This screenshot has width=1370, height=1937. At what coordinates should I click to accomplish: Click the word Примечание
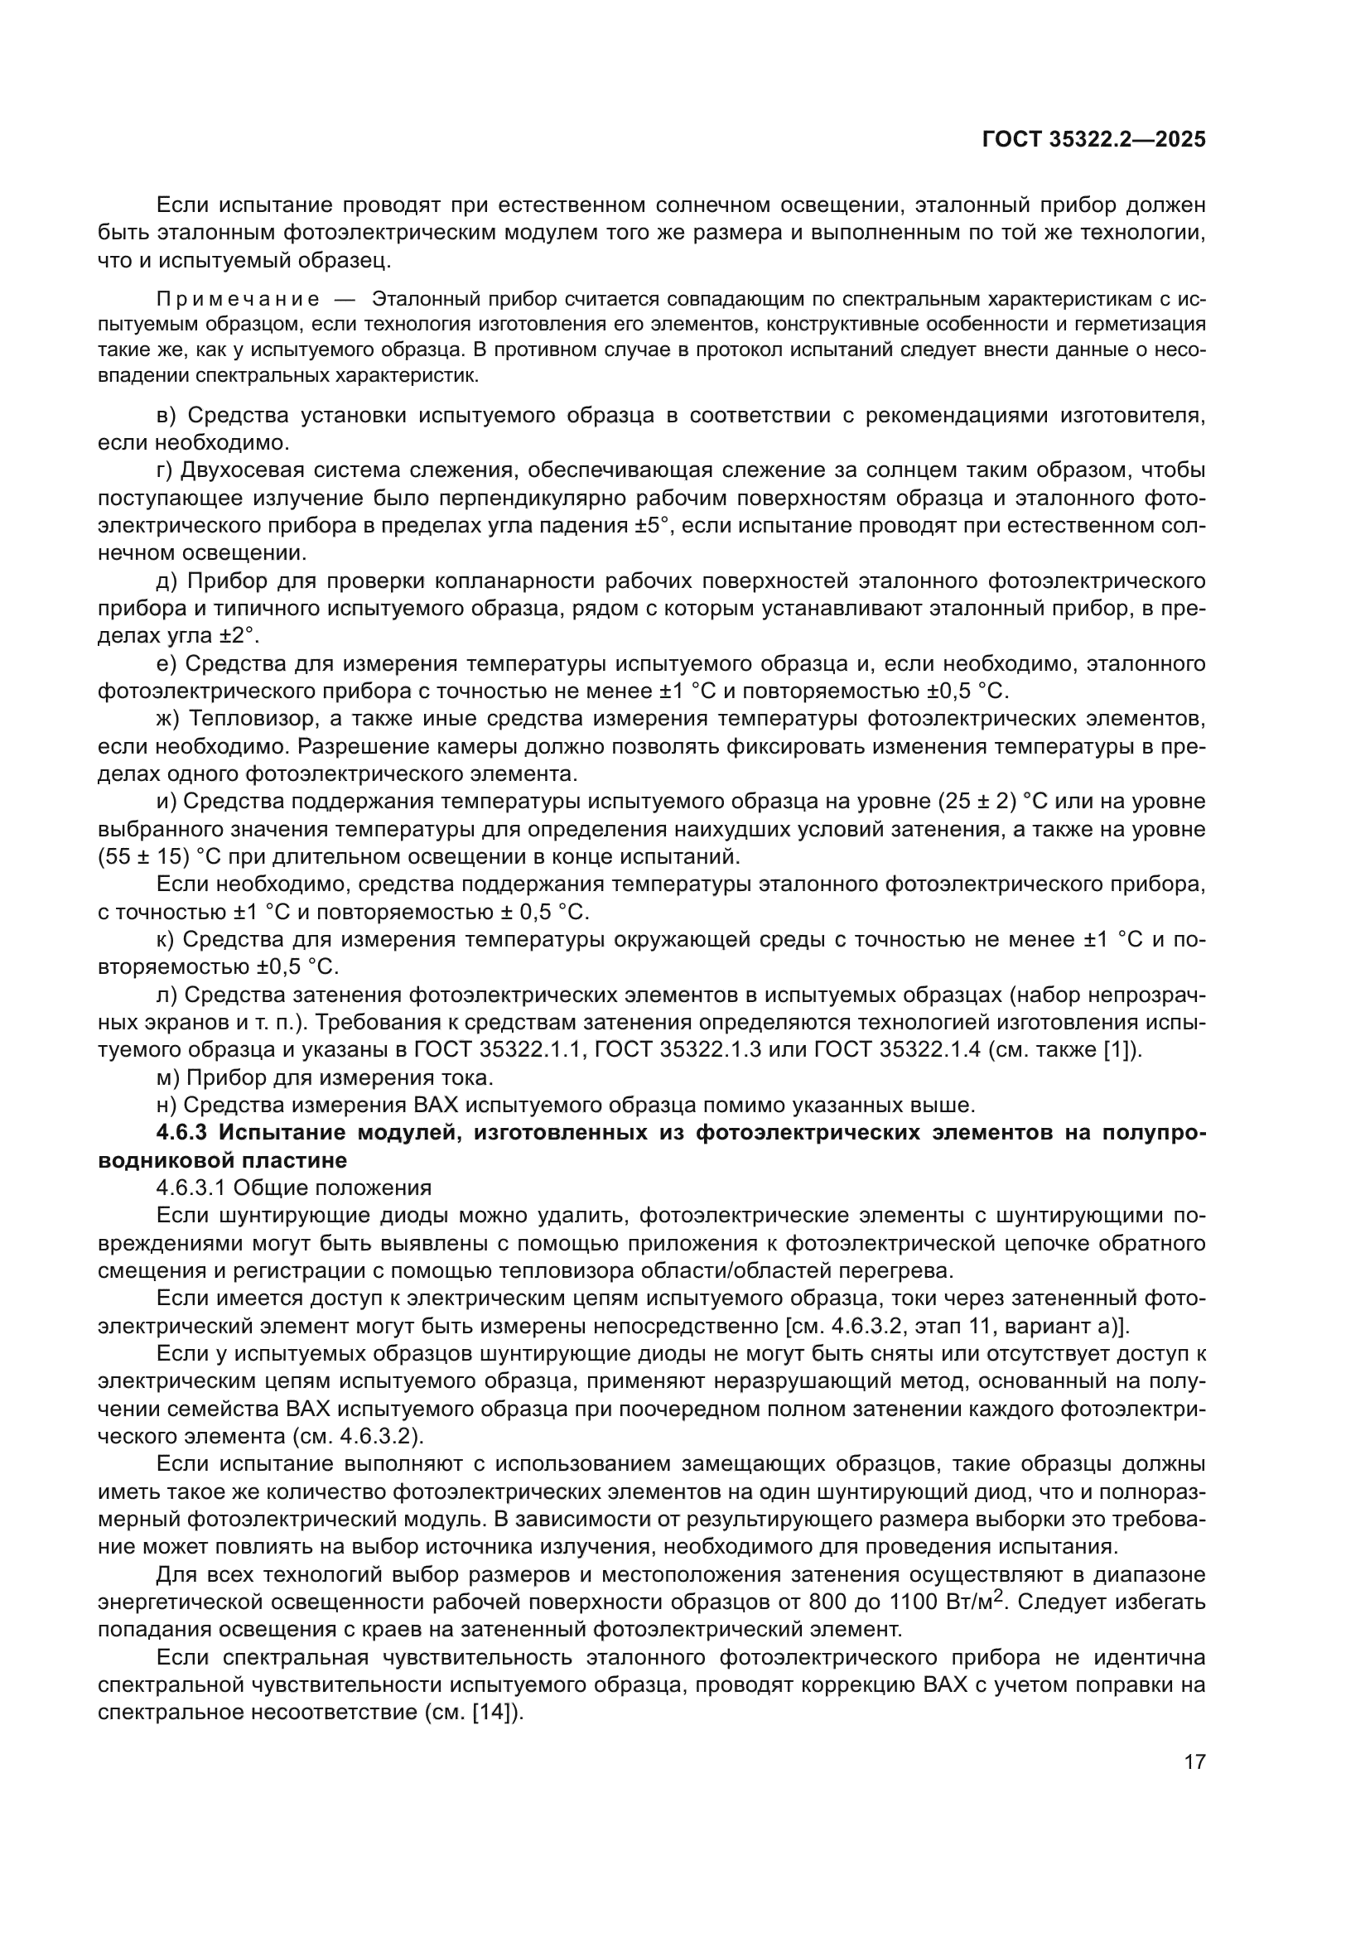click(238, 300)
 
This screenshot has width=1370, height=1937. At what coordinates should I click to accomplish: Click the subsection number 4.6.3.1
click(191, 1188)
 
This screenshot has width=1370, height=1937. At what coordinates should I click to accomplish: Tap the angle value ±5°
click(654, 526)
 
